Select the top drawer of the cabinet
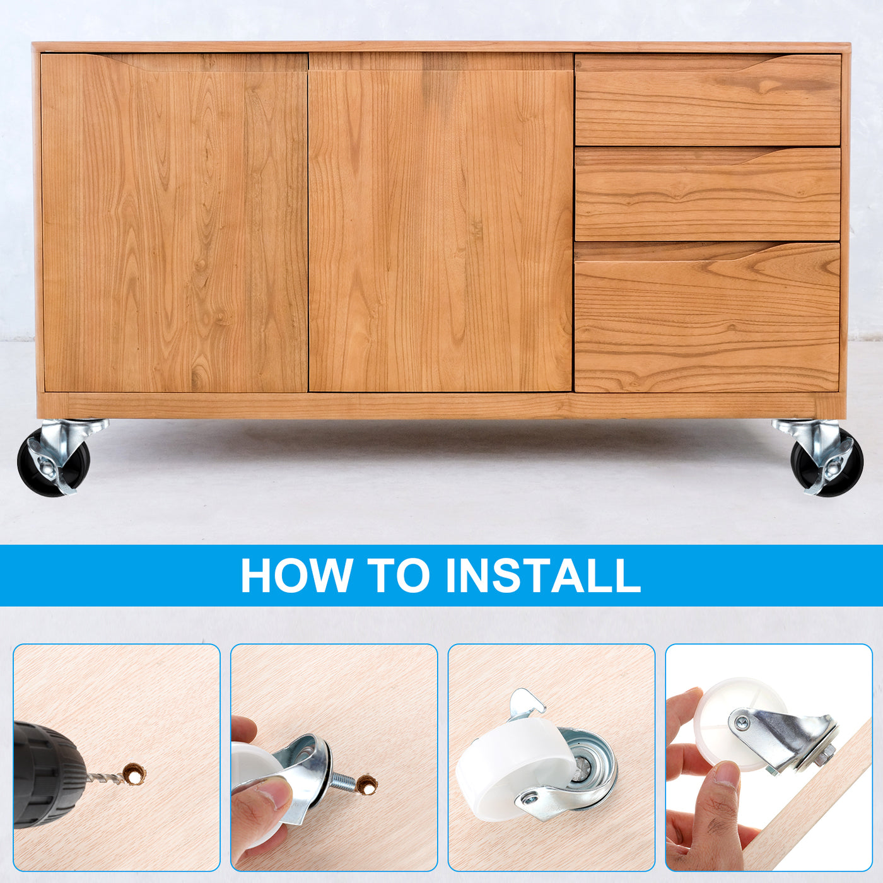click(x=708, y=100)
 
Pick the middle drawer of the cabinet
click(x=708, y=194)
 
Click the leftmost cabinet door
click(x=175, y=223)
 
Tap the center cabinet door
click(x=441, y=222)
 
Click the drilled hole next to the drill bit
click(x=135, y=775)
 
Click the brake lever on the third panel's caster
click(x=527, y=706)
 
